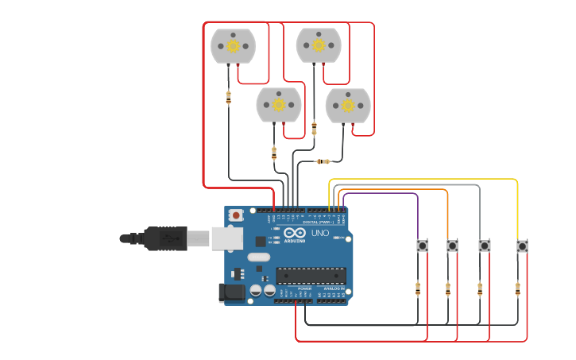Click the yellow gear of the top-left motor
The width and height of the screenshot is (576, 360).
[x=233, y=46]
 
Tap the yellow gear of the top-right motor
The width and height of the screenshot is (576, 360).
[x=319, y=45]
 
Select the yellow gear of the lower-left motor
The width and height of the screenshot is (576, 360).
[x=279, y=105]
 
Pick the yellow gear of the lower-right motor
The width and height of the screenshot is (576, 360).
[x=348, y=106]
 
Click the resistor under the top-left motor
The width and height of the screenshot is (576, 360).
[x=229, y=97]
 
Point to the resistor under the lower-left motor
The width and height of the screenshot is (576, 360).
[x=274, y=152]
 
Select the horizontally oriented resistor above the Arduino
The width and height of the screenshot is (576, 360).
[x=323, y=161]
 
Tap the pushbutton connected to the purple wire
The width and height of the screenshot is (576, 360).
[x=423, y=246]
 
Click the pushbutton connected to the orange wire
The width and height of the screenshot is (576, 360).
[x=452, y=246]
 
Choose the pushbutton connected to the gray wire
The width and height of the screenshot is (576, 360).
[x=484, y=246]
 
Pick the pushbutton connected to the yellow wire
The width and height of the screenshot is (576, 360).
[x=522, y=246]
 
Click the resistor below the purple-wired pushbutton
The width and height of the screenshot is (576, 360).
[x=418, y=288]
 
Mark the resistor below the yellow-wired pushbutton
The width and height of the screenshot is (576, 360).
[x=517, y=288]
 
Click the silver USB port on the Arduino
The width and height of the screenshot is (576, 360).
[x=222, y=238]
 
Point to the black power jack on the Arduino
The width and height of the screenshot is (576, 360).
[x=231, y=292]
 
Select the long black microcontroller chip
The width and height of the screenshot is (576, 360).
[x=311, y=275]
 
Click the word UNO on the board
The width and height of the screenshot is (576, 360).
[x=320, y=234]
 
